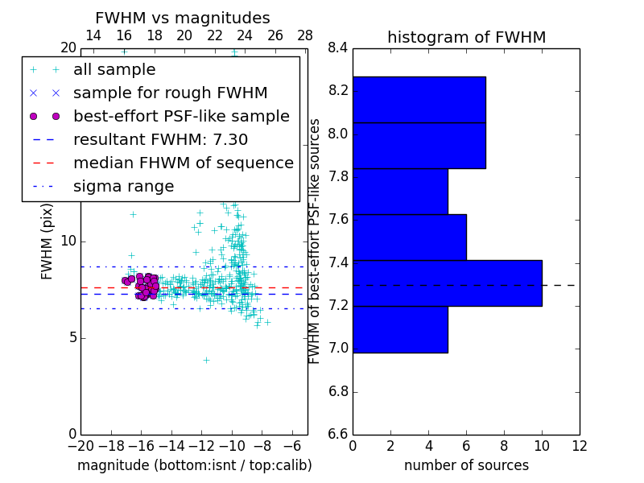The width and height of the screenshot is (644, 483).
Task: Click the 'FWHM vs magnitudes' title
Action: [x=182, y=18]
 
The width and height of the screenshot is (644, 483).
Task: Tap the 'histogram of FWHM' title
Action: [x=466, y=37]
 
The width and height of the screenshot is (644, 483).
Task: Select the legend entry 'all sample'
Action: [x=114, y=70]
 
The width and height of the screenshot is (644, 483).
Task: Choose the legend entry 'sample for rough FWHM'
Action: [x=170, y=93]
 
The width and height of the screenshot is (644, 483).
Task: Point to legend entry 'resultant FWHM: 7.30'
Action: [x=160, y=139]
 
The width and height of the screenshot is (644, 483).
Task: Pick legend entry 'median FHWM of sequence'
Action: [x=183, y=163]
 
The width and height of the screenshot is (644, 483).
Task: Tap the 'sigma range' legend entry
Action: [x=123, y=186]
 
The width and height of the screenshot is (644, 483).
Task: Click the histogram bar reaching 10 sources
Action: [x=447, y=283]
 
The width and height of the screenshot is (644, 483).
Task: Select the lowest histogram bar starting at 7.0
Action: [x=400, y=329]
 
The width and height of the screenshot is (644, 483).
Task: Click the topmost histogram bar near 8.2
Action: [x=419, y=100]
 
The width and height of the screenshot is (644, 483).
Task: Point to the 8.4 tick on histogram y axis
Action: [x=337, y=47]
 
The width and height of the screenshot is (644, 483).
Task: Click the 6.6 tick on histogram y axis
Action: [x=337, y=435]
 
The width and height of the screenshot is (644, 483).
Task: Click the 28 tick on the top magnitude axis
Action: [x=305, y=35]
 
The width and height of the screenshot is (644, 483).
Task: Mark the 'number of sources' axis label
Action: [x=466, y=465]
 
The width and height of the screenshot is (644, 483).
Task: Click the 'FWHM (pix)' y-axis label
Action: [x=47, y=241]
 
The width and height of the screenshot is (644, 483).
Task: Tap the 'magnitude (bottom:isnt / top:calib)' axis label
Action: [x=194, y=465]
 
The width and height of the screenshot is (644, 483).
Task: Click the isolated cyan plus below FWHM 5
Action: [x=206, y=360]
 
